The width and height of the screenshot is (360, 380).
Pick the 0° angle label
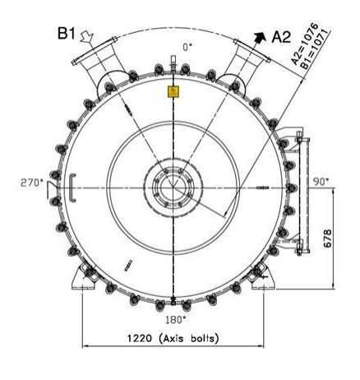coord(188,48)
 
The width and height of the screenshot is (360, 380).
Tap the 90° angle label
coord(320,181)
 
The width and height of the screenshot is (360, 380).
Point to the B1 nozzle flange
coord(93,61)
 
